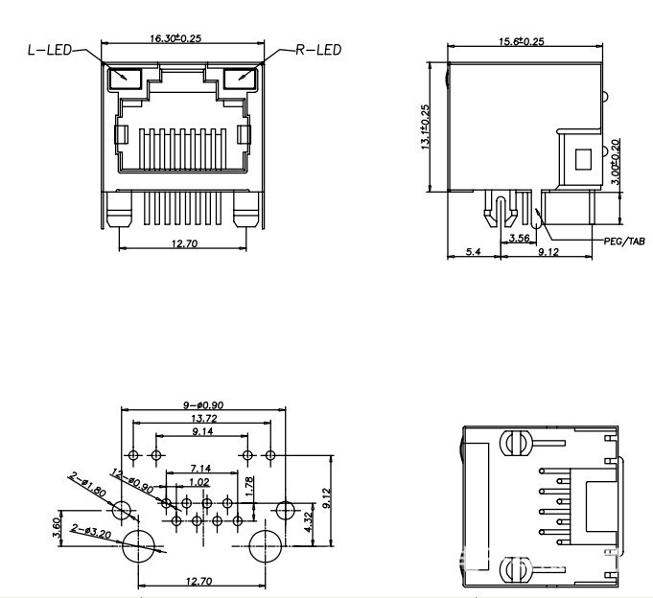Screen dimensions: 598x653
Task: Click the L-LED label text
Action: [x=49, y=49]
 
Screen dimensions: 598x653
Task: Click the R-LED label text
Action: [x=317, y=49]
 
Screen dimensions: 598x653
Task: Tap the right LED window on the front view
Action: [x=239, y=78]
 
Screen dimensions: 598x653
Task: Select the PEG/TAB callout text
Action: [x=625, y=241]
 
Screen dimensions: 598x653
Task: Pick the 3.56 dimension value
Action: [x=520, y=238]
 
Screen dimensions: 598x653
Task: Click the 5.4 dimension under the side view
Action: [x=473, y=253]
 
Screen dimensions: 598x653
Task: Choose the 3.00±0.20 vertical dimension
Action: [x=616, y=164]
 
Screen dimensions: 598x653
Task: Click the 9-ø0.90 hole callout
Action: [x=202, y=406]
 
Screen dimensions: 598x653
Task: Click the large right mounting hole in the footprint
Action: [x=266, y=548]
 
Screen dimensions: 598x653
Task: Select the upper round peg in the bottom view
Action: [x=515, y=444]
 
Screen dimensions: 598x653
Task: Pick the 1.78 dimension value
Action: [x=248, y=487]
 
